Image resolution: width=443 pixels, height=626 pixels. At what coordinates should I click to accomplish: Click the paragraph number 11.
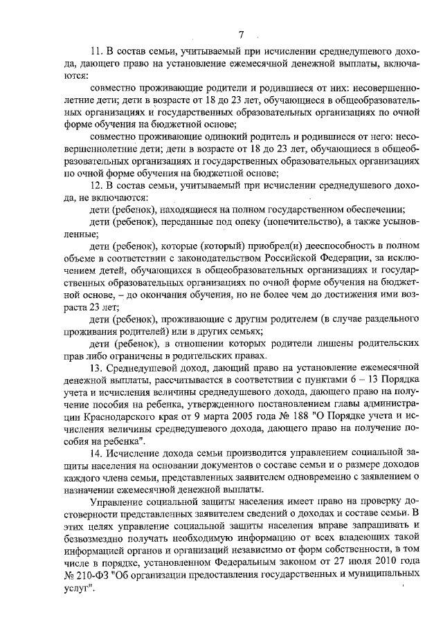[96, 53]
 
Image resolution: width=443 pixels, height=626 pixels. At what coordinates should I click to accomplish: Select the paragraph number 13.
[96, 365]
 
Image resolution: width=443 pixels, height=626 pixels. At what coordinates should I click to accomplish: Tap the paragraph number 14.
[96, 452]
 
